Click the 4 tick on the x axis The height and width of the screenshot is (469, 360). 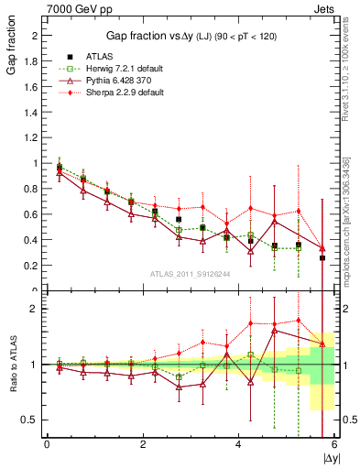click(x=238, y=444)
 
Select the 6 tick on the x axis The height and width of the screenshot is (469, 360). click(x=334, y=444)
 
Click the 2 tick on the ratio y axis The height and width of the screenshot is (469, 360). click(x=36, y=309)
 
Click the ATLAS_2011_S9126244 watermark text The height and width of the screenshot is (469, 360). click(x=190, y=274)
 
